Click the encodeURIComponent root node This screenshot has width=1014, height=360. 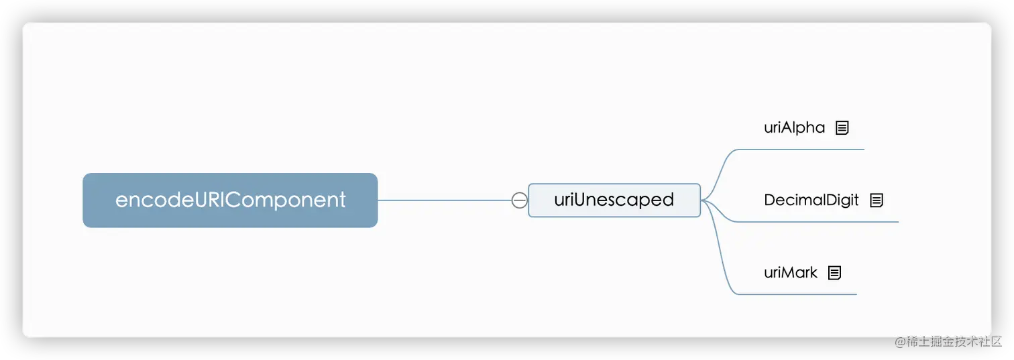coord(230,200)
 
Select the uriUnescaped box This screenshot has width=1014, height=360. coord(614,200)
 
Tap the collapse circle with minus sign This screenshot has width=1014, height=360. coord(519,200)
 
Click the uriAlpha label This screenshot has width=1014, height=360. coord(794,127)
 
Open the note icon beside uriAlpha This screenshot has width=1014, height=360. coord(842,128)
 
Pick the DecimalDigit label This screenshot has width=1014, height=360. coord(811,200)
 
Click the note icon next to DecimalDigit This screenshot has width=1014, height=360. coord(877,200)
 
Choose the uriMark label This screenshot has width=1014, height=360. coord(791,272)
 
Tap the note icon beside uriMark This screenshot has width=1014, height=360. coord(834,273)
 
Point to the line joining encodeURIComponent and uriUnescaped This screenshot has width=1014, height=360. coord(443,200)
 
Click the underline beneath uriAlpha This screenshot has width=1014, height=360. coord(805,149)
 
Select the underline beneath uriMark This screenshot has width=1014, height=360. coord(798,294)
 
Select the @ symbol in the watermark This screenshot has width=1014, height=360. coord(898,341)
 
